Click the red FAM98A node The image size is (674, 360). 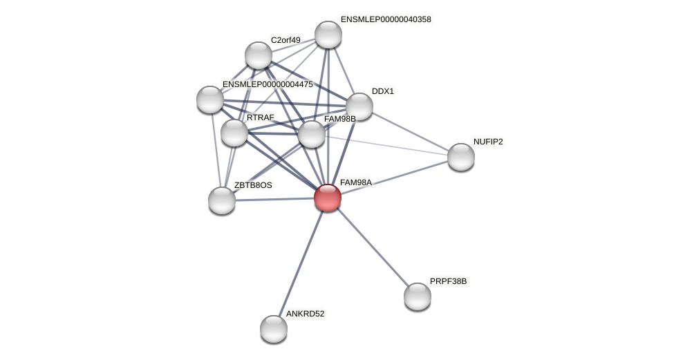point(328,198)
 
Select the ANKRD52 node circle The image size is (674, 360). point(274,329)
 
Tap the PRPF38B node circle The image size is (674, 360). point(418,296)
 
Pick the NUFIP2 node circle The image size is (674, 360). point(461,157)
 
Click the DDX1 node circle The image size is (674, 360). point(359,106)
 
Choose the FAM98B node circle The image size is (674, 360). point(312,134)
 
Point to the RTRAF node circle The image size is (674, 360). point(234,133)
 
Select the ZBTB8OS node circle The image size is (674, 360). point(222,200)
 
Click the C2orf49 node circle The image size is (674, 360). point(259,55)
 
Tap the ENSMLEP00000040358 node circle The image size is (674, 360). point(328,35)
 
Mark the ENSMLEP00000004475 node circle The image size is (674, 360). point(210,100)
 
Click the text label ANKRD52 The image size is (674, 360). point(305,314)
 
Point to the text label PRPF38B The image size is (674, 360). point(448,281)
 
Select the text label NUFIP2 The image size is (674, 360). point(488,142)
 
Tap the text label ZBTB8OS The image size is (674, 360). point(253,185)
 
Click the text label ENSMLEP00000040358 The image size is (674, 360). point(386,19)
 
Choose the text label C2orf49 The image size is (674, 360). point(285,40)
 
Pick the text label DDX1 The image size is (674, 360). point(382,91)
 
